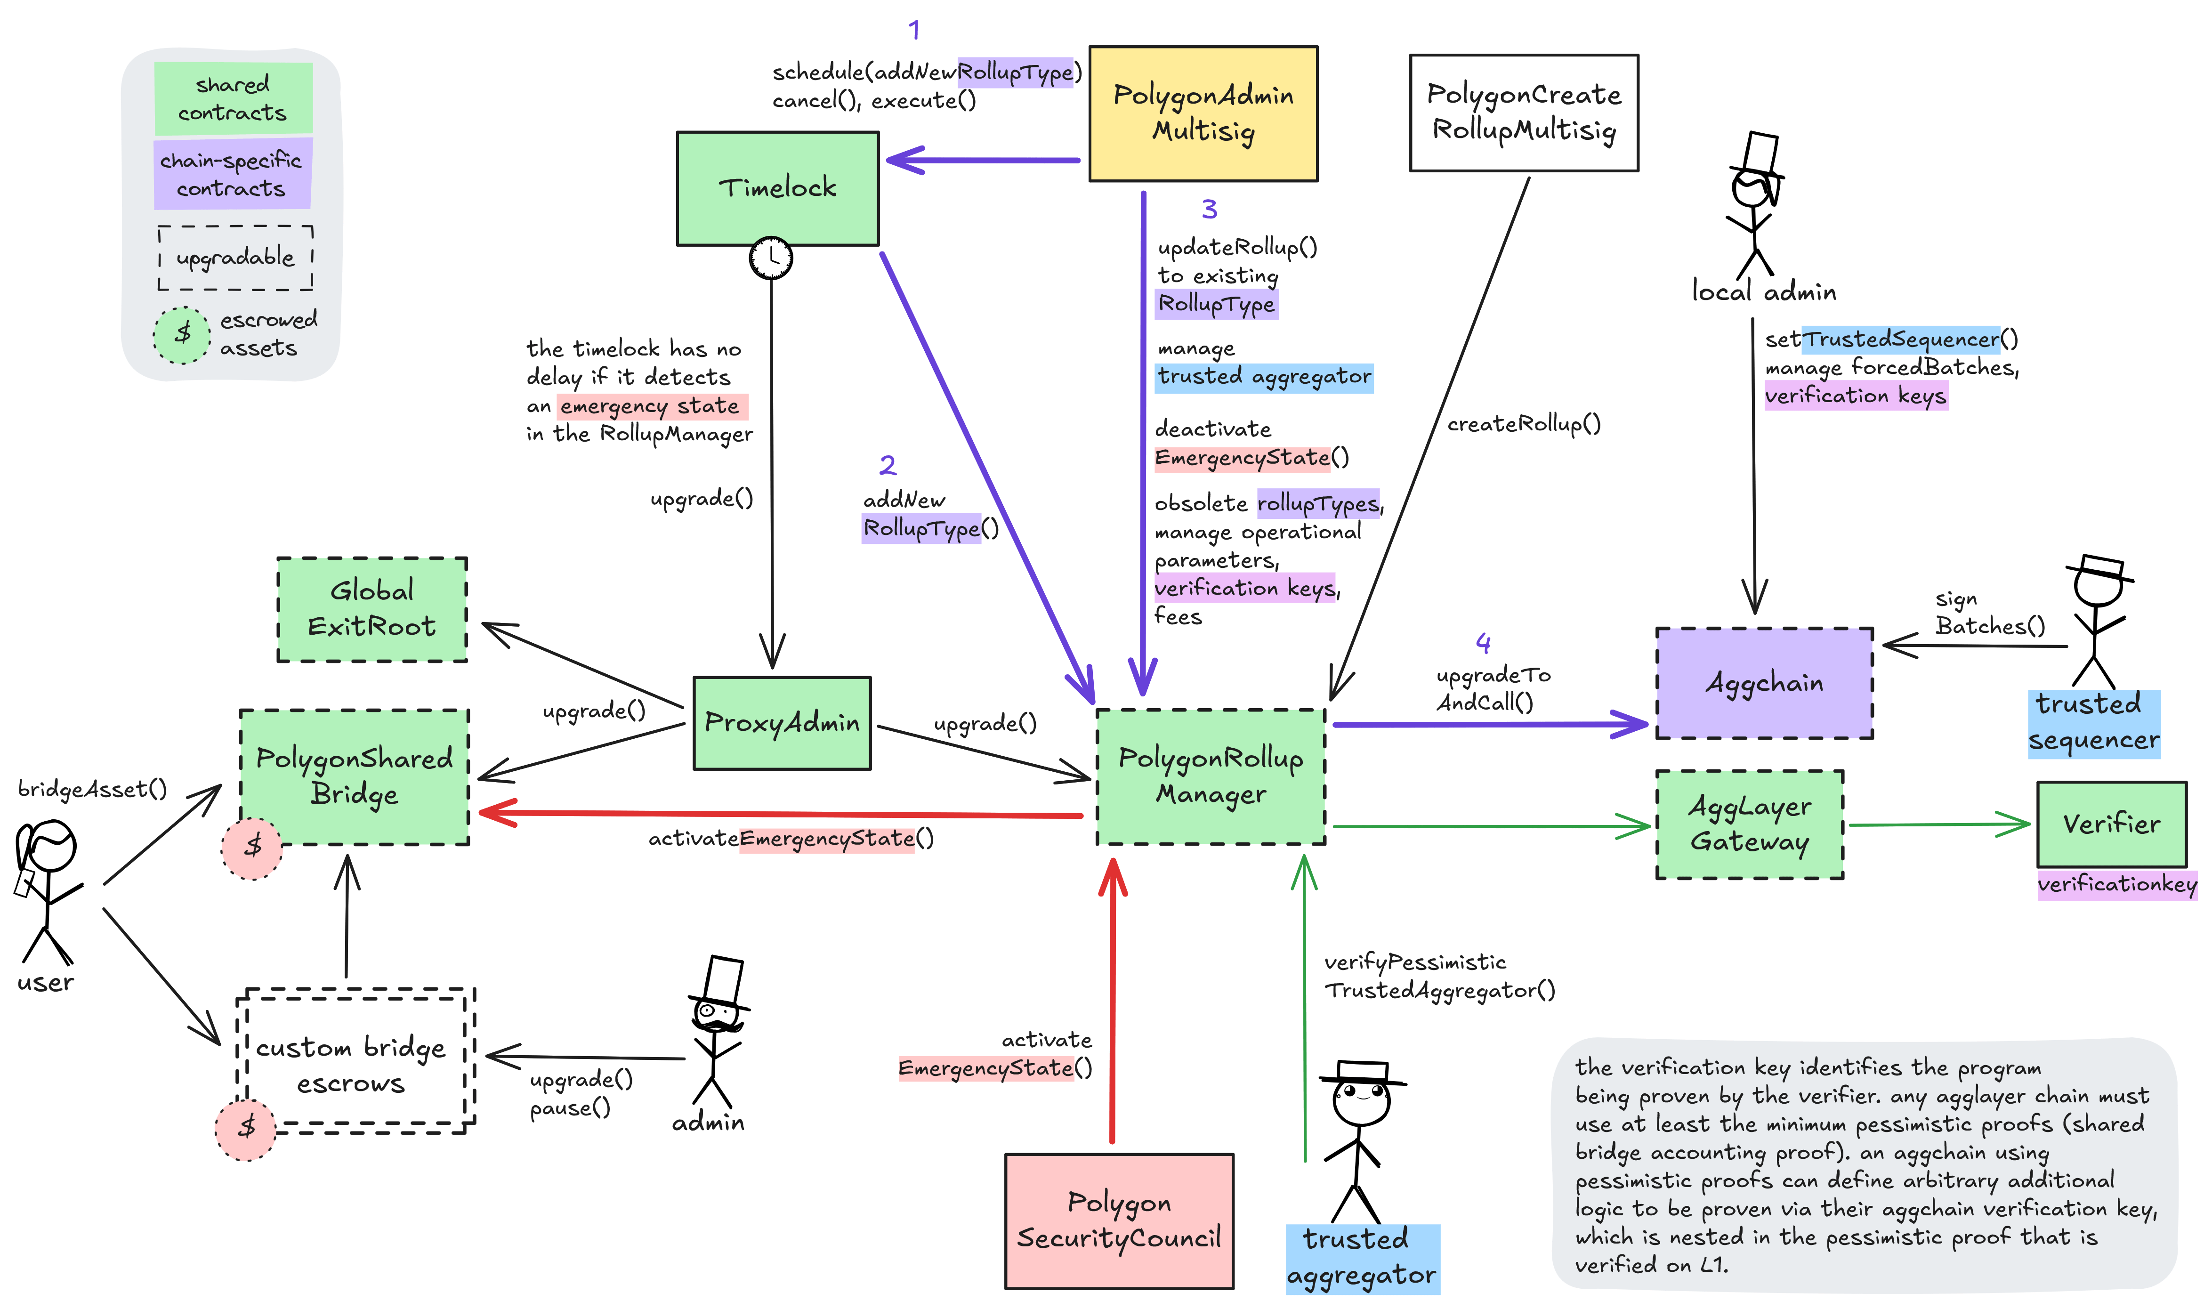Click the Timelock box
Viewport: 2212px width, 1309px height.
pos(777,188)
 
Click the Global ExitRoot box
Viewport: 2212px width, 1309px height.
pos(371,609)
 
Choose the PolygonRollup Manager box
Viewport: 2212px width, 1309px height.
pos(1210,776)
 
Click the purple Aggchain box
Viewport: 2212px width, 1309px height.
pos(1764,683)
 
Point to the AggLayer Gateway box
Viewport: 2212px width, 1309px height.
pos(1750,824)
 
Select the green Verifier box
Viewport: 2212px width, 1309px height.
pos(2111,824)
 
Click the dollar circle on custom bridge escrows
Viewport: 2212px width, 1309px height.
pos(246,1128)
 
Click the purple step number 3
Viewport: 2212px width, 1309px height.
pos(1209,210)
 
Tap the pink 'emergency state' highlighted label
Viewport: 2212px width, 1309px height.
pos(652,407)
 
